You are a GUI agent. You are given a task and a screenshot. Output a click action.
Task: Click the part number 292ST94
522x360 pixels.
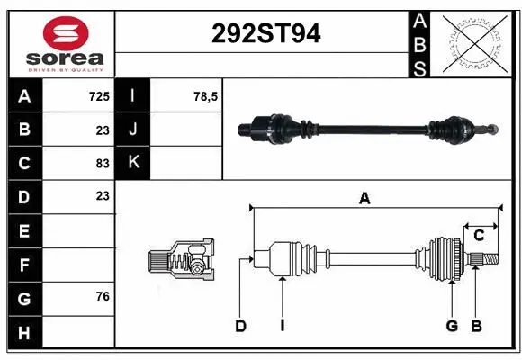point(265,34)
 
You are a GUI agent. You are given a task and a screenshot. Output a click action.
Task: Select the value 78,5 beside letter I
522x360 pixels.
point(206,95)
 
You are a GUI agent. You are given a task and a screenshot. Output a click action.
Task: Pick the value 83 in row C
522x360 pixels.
point(103,163)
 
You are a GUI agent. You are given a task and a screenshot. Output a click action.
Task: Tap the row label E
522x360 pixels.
point(24,231)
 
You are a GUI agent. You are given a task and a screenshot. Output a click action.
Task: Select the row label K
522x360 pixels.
point(133,163)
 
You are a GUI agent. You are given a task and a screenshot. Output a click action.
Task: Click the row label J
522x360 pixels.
point(133,130)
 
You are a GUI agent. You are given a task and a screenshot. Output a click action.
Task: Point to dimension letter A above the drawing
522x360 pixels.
point(364,199)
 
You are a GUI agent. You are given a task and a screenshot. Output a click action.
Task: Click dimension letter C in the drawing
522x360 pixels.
point(480,235)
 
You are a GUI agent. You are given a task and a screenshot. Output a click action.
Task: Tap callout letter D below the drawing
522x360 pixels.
point(240,326)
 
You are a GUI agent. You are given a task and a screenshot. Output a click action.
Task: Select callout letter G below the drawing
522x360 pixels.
point(452,326)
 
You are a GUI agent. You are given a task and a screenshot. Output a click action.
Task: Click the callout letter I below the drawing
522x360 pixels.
point(282,326)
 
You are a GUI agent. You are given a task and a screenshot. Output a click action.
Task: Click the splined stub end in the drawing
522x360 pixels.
point(484,259)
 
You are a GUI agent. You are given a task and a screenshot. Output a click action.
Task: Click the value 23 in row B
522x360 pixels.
point(103,130)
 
